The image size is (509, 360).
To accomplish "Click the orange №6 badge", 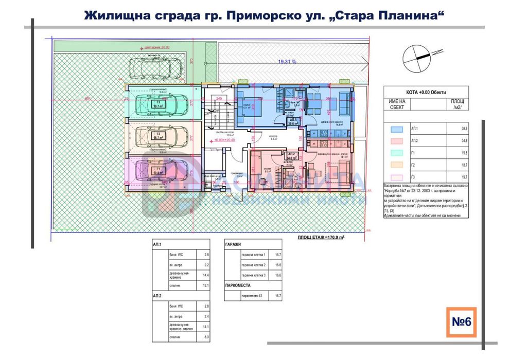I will coord(461,321).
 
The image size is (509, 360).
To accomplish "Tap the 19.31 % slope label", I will coord(287,61).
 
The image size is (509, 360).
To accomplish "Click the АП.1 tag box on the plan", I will coord(291,122).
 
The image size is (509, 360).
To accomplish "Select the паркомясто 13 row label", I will coord(252,296).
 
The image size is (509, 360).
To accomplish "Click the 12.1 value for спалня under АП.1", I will coord(206,286).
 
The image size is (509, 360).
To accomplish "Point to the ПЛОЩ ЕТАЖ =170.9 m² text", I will coord(321,238).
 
